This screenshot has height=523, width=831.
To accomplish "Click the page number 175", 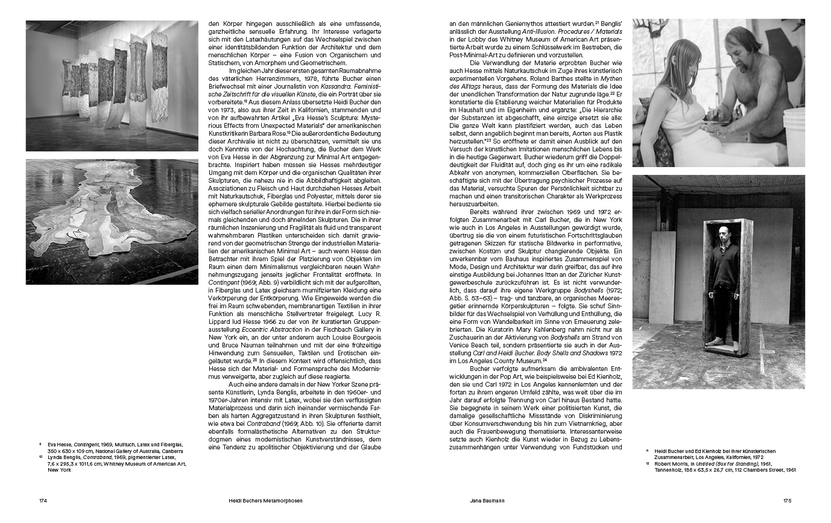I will pos(787,500).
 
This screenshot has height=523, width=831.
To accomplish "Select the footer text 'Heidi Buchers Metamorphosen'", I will pos(261,500).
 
